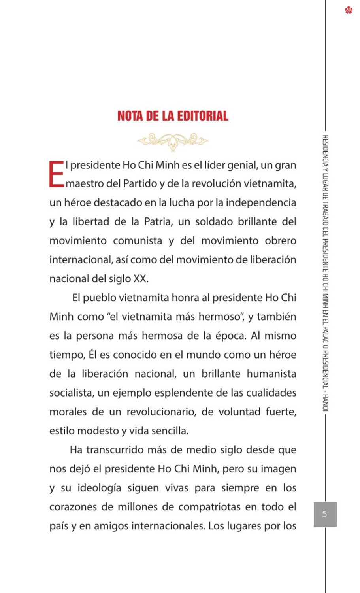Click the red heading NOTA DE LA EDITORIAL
[173, 116]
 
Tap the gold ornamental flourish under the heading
[173, 141]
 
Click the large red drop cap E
[56, 174]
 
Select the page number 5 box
[325, 514]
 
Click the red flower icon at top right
[348, 10]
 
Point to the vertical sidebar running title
[325, 273]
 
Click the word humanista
[271, 374]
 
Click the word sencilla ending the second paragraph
[168, 431]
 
